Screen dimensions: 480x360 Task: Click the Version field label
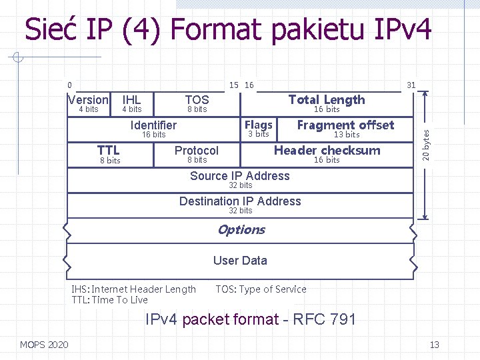coord(89,100)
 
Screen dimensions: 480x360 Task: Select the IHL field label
coord(131,100)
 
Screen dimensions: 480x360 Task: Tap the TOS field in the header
coord(197,100)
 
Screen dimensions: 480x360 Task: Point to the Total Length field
coord(327,100)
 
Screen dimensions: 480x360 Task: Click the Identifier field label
coord(153,125)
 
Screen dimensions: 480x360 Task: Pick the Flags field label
coord(258,125)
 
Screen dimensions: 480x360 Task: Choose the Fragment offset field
coord(345,125)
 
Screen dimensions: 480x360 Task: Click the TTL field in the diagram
coord(109,151)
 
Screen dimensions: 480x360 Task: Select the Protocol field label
coord(196,151)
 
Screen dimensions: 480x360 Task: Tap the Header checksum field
coord(327,151)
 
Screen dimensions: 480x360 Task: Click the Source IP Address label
coord(240,176)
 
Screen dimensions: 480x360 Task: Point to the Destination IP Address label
coord(240,201)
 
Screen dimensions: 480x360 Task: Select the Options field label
coord(241,230)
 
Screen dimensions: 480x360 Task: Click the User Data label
coord(240,261)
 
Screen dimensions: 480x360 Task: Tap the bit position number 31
coord(411,85)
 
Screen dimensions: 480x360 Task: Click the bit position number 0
coord(69,85)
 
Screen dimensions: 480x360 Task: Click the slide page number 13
coord(434,345)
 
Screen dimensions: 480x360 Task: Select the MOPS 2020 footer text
coord(44,345)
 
